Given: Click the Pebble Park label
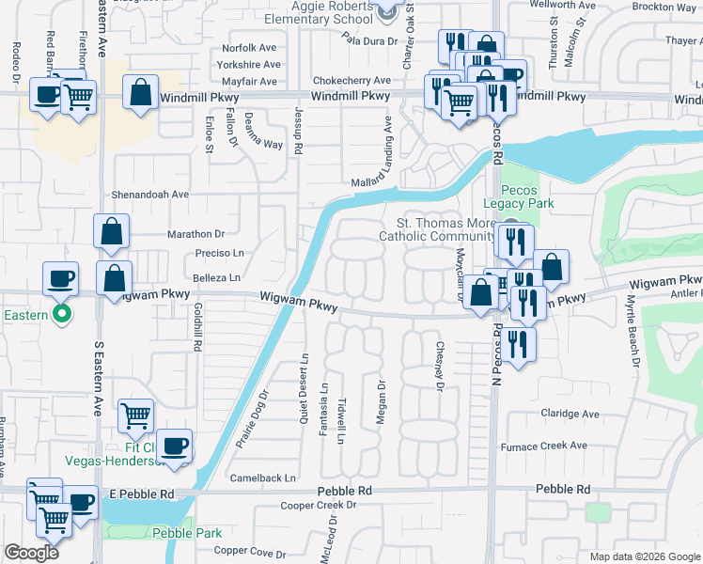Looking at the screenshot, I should [x=186, y=533].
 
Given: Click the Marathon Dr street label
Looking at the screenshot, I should [x=196, y=234].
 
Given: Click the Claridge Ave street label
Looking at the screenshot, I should [x=569, y=414].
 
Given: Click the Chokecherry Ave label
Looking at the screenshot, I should [x=351, y=81].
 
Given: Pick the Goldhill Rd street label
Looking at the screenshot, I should [x=197, y=326].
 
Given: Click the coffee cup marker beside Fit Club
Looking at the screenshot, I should [x=175, y=445].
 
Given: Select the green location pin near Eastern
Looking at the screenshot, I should [x=63, y=313].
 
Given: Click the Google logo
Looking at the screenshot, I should [x=31, y=553].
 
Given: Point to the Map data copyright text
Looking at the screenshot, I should [x=645, y=556].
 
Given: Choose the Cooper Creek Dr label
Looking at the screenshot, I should [x=320, y=506].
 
